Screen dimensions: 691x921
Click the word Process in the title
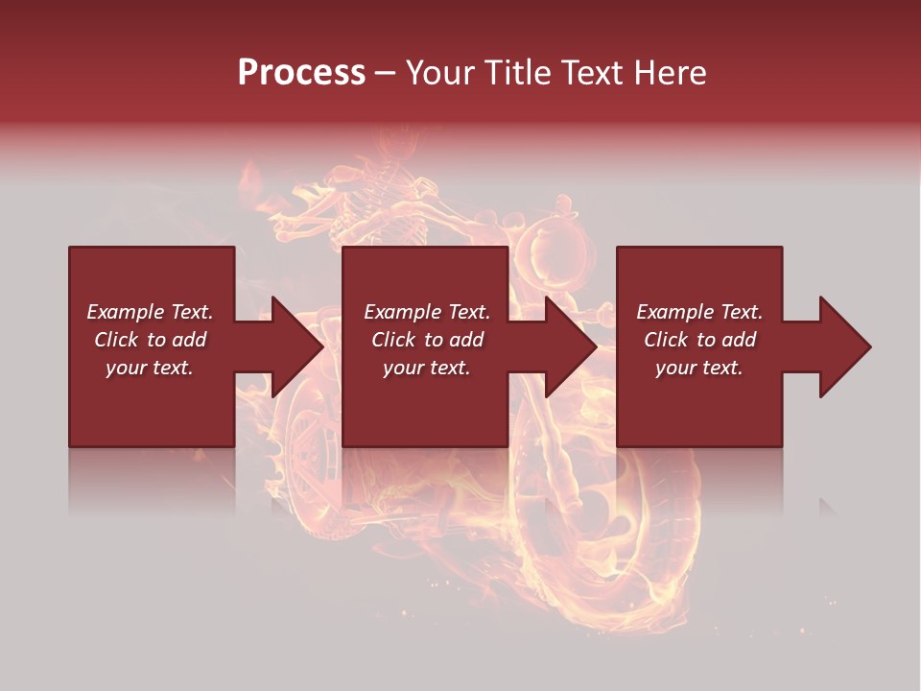[x=301, y=73]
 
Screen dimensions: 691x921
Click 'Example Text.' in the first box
[x=150, y=312]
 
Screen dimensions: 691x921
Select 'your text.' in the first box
[x=150, y=368]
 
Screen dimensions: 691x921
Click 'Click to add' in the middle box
[x=427, y=340]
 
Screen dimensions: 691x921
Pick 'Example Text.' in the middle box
[x=427, y=312]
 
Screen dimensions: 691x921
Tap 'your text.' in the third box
[x=699, y=368]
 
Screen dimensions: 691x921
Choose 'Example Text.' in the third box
[x=699, y=312]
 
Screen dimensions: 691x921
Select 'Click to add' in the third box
[x=699, y=340]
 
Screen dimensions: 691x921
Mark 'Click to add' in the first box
[x=150, y=340]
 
